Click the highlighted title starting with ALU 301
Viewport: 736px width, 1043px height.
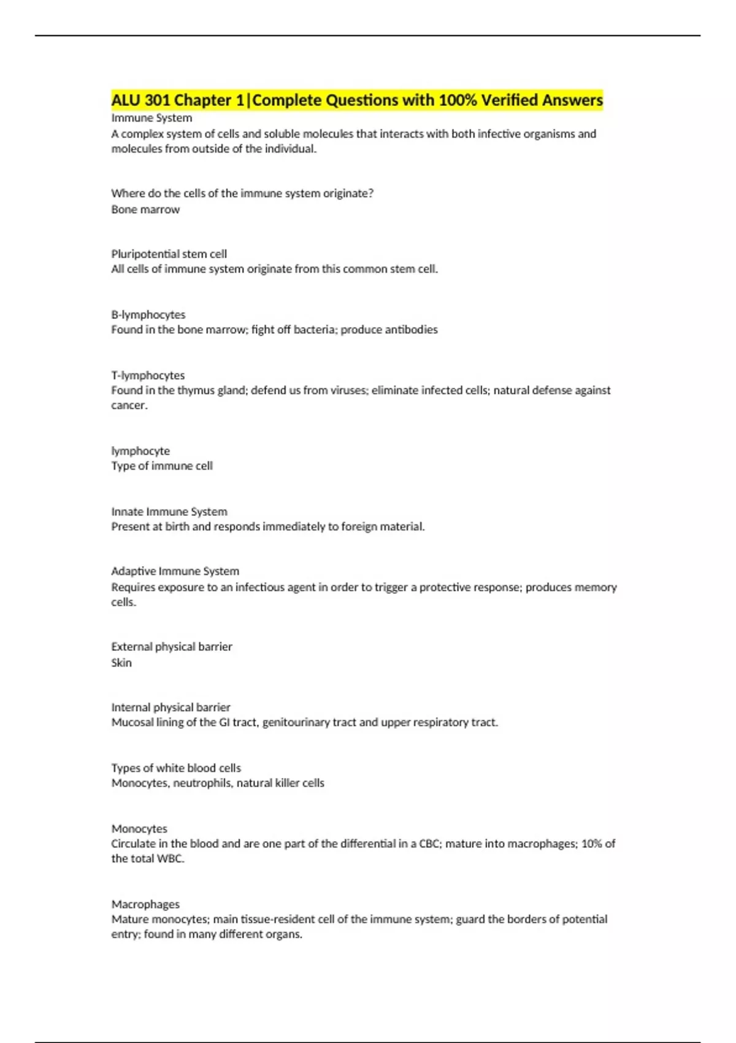pyautogui.click(x=357, y=100)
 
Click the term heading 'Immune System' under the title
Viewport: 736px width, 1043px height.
pyautogui.click(x=151, y=118)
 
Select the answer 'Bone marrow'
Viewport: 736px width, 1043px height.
pyautogui.click(x=145, y=209)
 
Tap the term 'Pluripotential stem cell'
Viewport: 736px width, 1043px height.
pyautogui.click(x=169, y=254)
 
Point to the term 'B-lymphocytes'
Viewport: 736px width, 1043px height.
pyautogui.click(x=148, y=315)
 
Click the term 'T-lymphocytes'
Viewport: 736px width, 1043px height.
pyautogui.click(x=148, y=375)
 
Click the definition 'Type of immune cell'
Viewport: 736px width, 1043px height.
pyautogui.click(x=162, y=466)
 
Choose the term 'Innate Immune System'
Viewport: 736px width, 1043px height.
pyautogui.click(x=169, y=512)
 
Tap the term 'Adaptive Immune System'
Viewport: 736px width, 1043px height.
pyautogui.click(x=175, y=571)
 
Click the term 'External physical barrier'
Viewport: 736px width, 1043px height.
pyautogui.click(x=171, y=647)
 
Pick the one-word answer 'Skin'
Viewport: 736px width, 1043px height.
pyautogui.click(x=121, y=663)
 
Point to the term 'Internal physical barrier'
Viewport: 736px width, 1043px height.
pyautogui.click(x=171, y=707)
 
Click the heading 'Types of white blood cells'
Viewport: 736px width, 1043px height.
pyautogui.click(x=176, y=768)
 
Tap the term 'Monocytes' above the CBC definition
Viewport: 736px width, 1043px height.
pyautogui.click(x=139, y=829)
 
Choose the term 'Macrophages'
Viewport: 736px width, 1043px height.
pyautogui.click(x=145, y=904)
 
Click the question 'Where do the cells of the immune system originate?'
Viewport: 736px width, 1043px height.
pyautogui.click(x=242, y=193)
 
